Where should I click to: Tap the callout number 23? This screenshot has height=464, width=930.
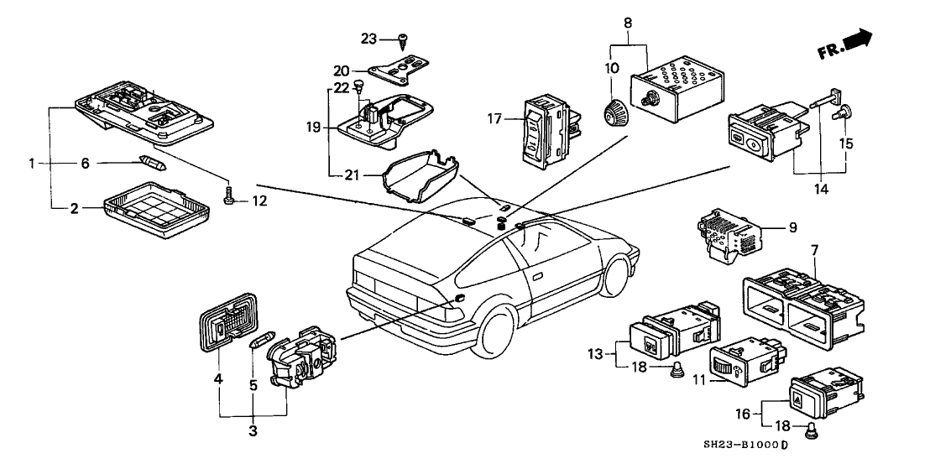[370, 39]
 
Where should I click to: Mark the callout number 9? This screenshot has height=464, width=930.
[792, 227]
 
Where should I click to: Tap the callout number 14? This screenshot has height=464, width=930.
[819, 190]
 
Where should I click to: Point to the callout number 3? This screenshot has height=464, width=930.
[253, 431]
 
